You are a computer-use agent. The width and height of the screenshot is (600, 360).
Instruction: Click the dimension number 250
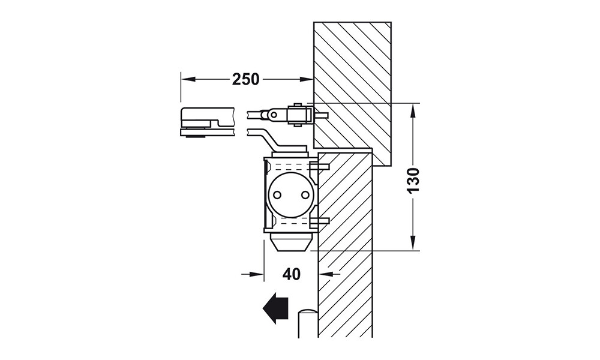point(245,79)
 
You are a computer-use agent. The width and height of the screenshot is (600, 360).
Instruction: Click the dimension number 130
point(413,180)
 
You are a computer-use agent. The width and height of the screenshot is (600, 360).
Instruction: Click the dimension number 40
point(292,274)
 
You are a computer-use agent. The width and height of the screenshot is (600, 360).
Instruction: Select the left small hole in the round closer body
point(277,195)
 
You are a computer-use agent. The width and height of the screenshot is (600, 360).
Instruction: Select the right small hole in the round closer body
point(305,195)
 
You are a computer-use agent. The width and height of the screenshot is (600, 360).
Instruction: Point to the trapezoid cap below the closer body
point(290,244)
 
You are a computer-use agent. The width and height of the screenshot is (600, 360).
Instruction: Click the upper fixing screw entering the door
point(320,166)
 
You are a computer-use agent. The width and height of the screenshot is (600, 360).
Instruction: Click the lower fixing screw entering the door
point(320,220)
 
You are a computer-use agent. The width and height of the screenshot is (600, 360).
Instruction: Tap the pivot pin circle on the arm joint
point(273,115)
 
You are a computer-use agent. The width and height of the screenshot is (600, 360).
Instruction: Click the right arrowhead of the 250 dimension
point(306,79)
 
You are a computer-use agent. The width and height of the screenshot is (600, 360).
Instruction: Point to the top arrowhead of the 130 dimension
point(413,111)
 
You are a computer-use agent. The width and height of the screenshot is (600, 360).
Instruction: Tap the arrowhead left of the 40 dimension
point(256,274)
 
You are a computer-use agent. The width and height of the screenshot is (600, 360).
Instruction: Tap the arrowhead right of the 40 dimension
point(326,274)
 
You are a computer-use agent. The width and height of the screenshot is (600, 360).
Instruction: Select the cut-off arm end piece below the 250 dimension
point(206,122)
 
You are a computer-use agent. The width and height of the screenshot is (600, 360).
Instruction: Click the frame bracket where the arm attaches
point(301,115)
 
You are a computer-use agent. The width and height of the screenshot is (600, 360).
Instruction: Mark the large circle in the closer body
point(291,195)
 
